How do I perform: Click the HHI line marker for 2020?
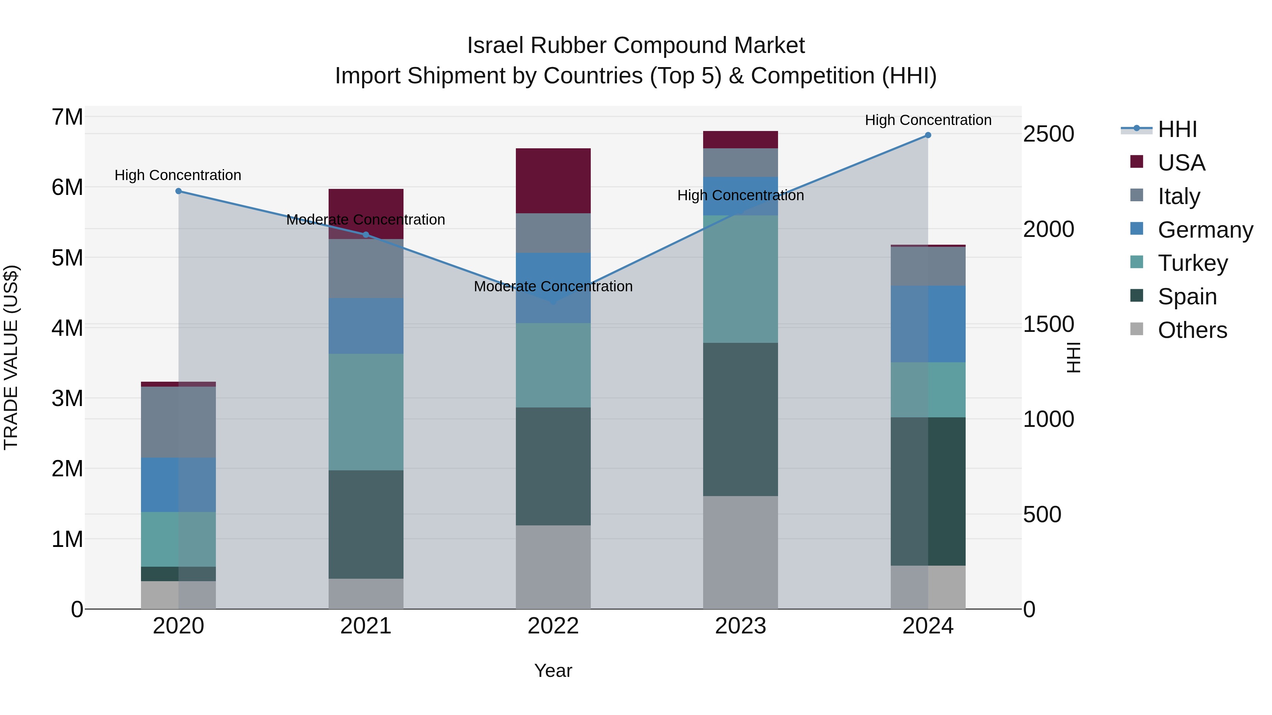179,191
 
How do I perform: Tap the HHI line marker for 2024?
928,135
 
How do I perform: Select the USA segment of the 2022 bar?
553,180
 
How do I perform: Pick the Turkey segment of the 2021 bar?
366,412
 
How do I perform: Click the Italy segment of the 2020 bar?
178,422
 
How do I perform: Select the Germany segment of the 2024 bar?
928,324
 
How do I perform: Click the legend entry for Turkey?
1192,263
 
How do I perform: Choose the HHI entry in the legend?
1177,129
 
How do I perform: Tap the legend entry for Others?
1192,330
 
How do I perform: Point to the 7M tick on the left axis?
67,118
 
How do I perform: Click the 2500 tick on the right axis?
1048,134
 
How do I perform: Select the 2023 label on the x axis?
740,626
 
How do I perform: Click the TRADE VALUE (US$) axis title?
11,357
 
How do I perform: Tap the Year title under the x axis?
553,671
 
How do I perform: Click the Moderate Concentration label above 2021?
366,220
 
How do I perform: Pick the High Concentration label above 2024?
928,120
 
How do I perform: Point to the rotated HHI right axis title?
1073,357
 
